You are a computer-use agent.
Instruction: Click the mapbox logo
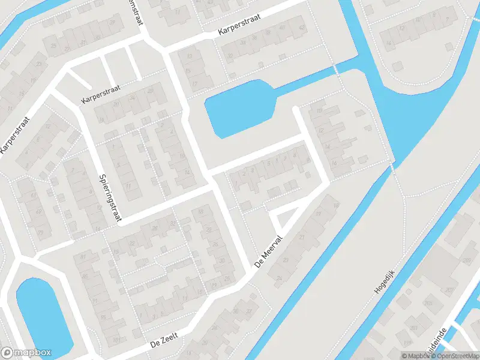tap(26, 353)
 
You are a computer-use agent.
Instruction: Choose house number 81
tap(82, 256)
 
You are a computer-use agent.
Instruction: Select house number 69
tap(41, 211)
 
